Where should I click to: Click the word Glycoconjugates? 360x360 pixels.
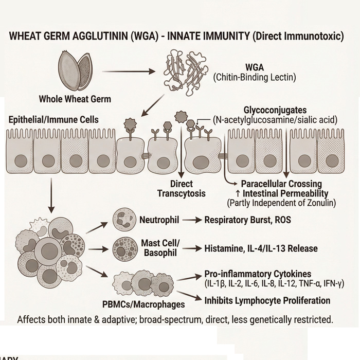click(275, 111)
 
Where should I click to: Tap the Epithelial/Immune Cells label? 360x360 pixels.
click(53, 120)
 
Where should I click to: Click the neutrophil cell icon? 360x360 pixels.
click(124, 220)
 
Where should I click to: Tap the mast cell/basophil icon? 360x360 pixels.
click(124, 248)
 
